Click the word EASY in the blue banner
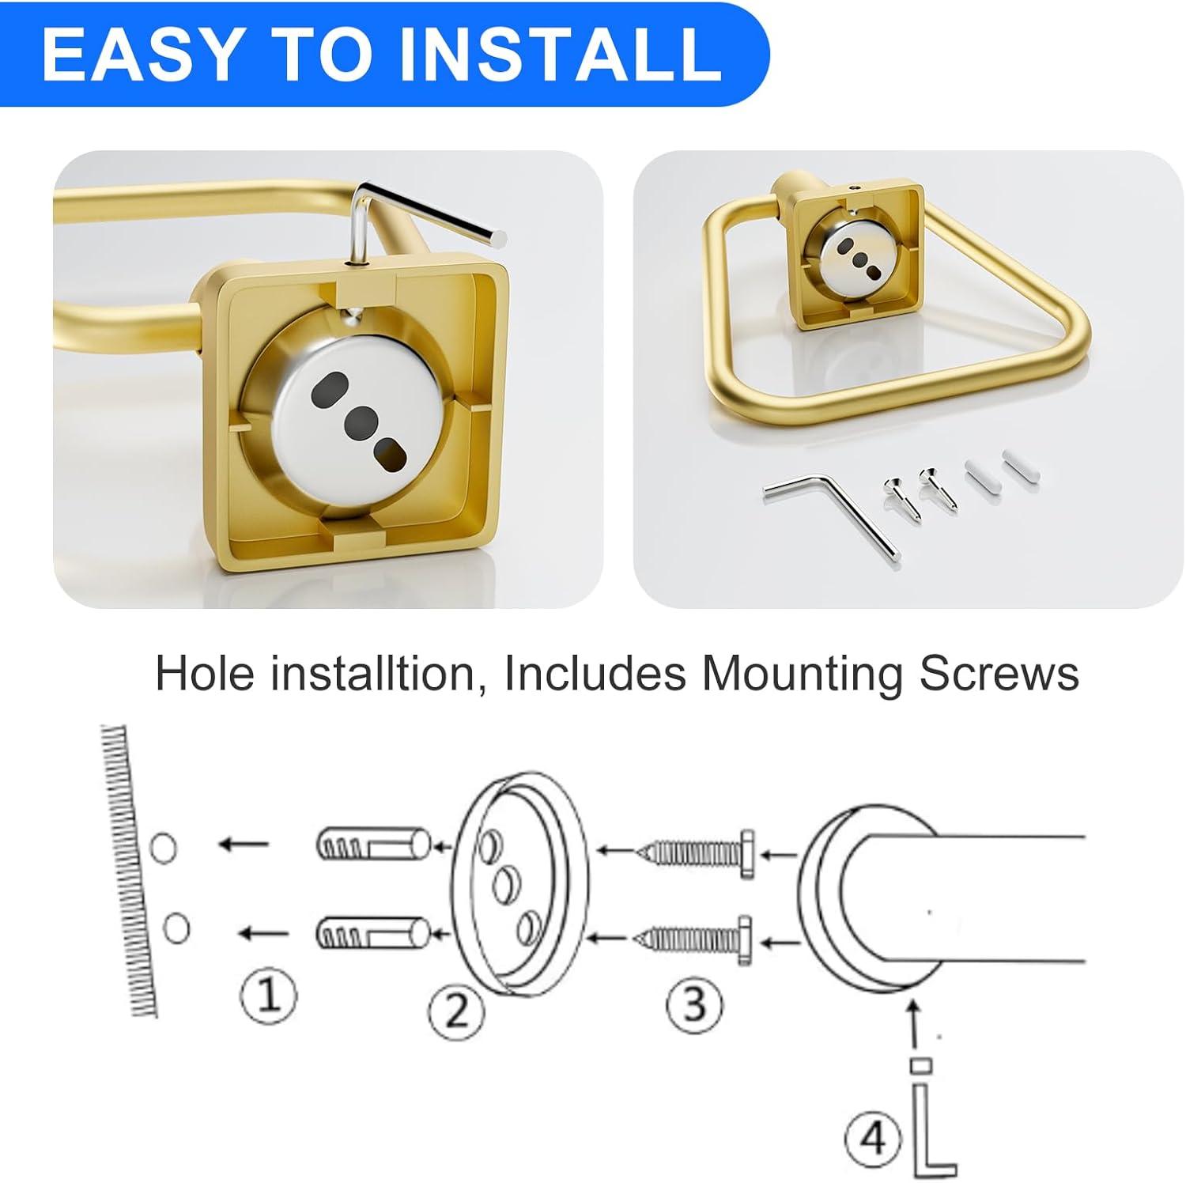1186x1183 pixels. click(x=140, y=54)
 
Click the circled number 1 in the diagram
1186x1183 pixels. click(x=270, y=994)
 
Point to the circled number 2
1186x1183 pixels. click(x=456, y=1011)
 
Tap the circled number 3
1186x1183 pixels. click(x=694, y=1003)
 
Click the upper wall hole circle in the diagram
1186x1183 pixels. click(x=163, y=849)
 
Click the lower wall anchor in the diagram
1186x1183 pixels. click(x=372, y=934)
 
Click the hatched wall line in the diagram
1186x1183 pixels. click(x=128, y=870)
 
